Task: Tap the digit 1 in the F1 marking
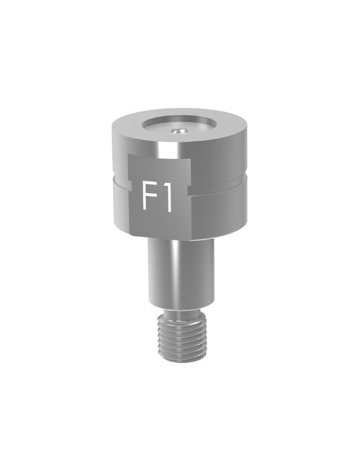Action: click(x=167, y=197)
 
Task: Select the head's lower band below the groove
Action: click(x=220, y=212)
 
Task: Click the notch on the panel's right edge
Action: click(x=190, y=189)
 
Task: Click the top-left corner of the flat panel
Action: click(x=130, y=156)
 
